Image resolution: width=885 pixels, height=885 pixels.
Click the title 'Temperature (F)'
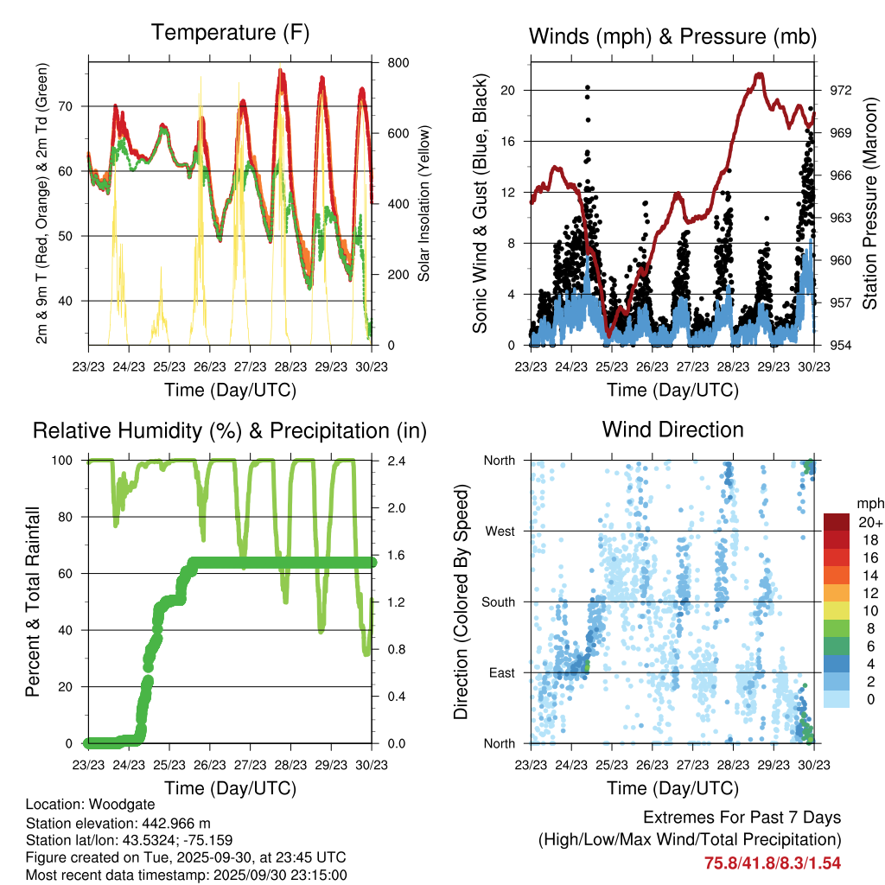coord(230,33)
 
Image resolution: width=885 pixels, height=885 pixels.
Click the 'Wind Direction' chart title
coord(672,430)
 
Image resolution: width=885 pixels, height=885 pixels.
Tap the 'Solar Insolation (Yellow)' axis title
coord(424,203)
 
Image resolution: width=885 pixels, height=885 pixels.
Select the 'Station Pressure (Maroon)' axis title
coord(869,204)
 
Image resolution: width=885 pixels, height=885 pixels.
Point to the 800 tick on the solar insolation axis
coord(387,63)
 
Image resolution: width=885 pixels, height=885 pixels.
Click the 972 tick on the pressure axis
coord(828,90)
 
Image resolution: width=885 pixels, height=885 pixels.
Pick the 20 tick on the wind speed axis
coord(508,90)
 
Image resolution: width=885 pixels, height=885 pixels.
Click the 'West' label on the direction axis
coord(500,531)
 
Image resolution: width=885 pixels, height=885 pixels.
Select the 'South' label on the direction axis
coord(498,602)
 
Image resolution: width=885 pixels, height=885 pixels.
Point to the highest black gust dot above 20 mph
coord(588,87)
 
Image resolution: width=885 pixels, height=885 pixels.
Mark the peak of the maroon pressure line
coord(760,74)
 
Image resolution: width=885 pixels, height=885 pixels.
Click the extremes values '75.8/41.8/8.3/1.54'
coord(772,863)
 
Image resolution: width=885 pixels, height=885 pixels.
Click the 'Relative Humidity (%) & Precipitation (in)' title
coord(230,430)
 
